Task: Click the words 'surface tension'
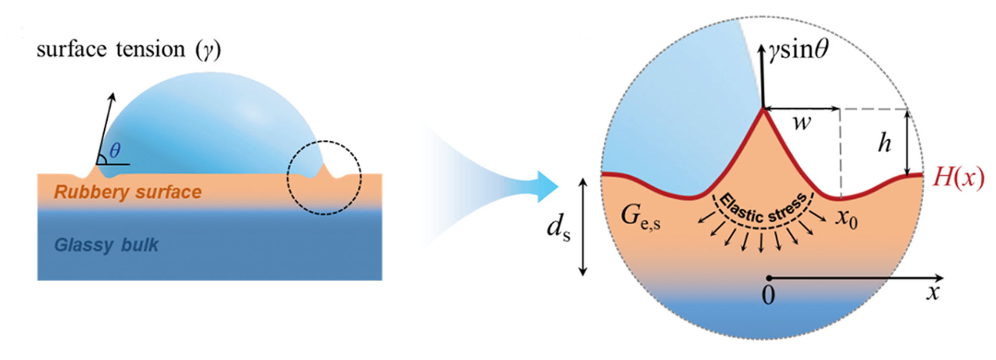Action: click(x=111, y=50)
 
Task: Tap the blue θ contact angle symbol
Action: click(x=115, y=150)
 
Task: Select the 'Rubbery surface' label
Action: click(x=128, y=192)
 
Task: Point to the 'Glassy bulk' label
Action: click(x=106, y=245)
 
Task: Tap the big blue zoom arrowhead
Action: click(x=546, y=187)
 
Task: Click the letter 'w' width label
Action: click(x=802, y=122)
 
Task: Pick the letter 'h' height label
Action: click(x=884, y=143)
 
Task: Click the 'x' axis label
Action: click(x=933, y=293)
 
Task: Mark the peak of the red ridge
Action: click(x=763, y=110)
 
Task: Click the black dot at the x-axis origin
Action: click(x=768, y=278)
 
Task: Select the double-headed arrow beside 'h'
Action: click(x=908, y=143)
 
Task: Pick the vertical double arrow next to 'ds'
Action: click(x=583, y=227)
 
